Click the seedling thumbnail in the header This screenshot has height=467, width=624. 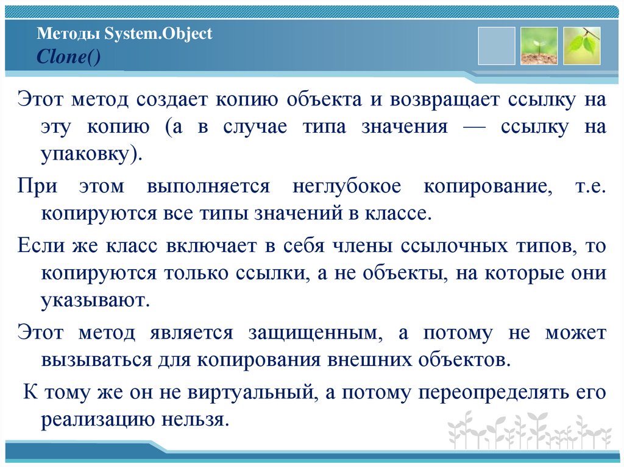[539, 46]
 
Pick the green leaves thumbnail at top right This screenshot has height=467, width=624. [582, 46]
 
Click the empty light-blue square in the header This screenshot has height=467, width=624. [497, 46]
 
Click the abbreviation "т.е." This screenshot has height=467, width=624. [590, 187]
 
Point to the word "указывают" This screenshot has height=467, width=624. [94, 300]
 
